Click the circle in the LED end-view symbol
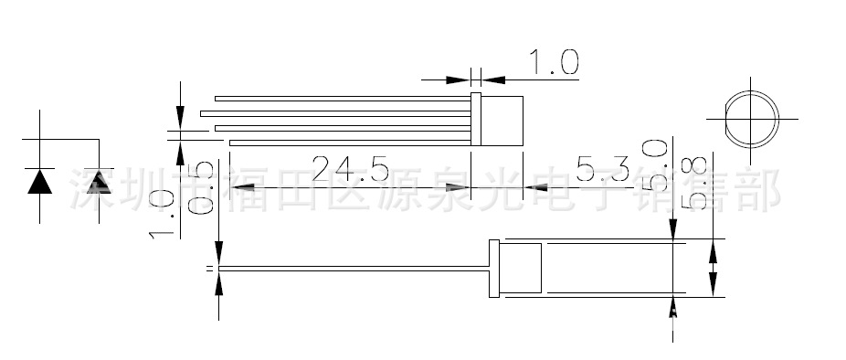tap(752, 119)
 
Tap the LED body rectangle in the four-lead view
tap(502, 120)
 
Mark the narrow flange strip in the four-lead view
tap(475, 120)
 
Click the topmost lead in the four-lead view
tap(342, 99)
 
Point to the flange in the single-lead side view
tap(495, 269)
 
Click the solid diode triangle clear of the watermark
tap(39, 182)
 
